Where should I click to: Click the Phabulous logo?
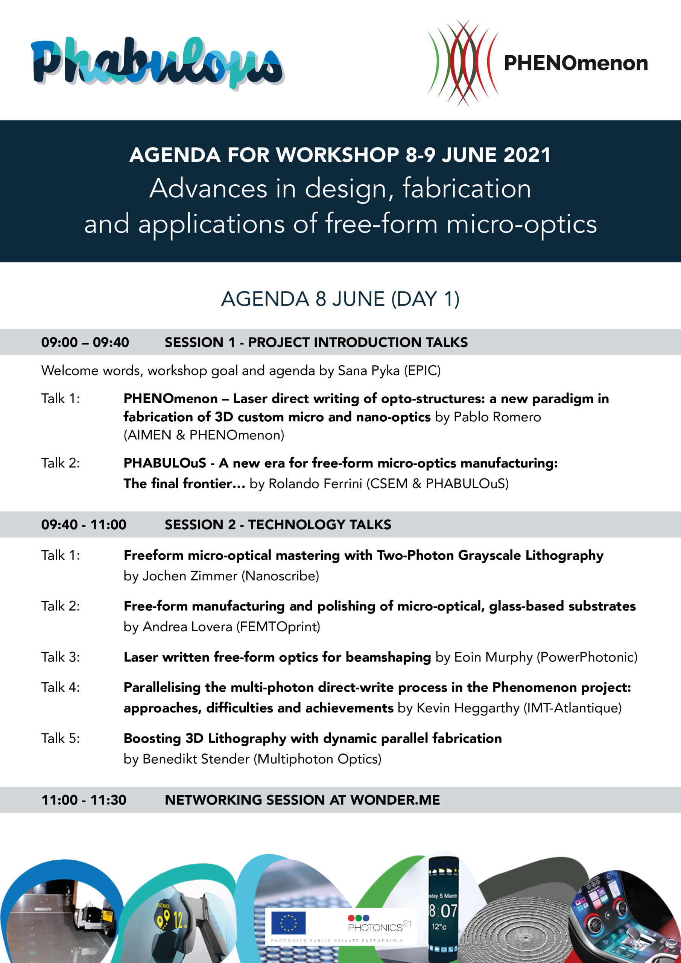click(157, 63)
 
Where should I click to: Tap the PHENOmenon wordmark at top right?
click(576, 63)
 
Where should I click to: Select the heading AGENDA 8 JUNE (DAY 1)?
click(340, 299)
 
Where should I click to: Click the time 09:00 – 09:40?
click(85, 342)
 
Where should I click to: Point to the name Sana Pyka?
click(369, 371)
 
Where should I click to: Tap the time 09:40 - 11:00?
click(84, 525)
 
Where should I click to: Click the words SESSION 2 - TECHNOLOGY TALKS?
click(278, 525)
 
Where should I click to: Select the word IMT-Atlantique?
click(572, 708)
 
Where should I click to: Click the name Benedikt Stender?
click(196, 759)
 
